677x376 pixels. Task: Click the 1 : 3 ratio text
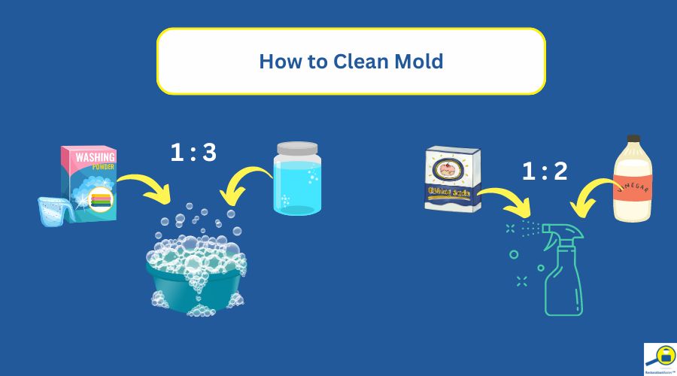tap(193, 153)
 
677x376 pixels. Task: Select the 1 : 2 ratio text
tap(545, 171)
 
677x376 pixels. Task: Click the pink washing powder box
tap(89, 180)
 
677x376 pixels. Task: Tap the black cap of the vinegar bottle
tap(633, 141)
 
